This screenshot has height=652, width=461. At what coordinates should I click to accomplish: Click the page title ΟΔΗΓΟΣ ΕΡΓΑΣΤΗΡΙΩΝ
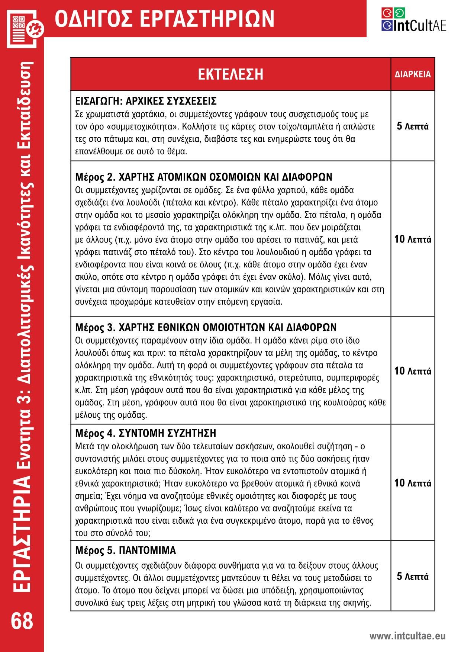[164, 19]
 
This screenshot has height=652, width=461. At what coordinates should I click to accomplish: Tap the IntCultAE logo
[413, 20]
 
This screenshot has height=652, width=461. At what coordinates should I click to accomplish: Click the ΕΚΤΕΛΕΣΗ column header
[230, 74]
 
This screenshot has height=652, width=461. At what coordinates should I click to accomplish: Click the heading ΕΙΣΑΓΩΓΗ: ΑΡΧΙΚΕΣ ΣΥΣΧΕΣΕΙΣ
[146, 101]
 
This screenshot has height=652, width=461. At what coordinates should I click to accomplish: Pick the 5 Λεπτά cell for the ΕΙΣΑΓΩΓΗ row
[413, 126]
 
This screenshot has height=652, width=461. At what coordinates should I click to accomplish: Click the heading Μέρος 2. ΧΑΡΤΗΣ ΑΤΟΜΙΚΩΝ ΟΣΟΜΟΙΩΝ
[204, 177]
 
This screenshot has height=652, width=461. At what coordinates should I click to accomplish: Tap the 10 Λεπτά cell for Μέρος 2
[413, 239]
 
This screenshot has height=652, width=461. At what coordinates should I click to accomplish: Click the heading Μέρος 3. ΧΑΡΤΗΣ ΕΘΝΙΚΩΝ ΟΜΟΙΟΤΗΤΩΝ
[206, 327]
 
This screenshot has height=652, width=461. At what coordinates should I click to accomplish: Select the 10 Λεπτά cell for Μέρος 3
[413, 371]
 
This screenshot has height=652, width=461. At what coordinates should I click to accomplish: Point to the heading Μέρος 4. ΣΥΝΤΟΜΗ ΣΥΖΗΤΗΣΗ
[145, 433]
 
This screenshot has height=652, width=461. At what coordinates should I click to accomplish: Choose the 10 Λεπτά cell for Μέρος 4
[413, 483]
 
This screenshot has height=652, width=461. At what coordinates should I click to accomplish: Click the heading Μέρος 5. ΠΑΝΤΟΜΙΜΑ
[125, 550]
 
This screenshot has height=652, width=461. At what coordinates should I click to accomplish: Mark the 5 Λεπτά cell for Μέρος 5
[413, 576]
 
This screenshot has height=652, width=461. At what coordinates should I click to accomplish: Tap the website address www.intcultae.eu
[407, 636]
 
